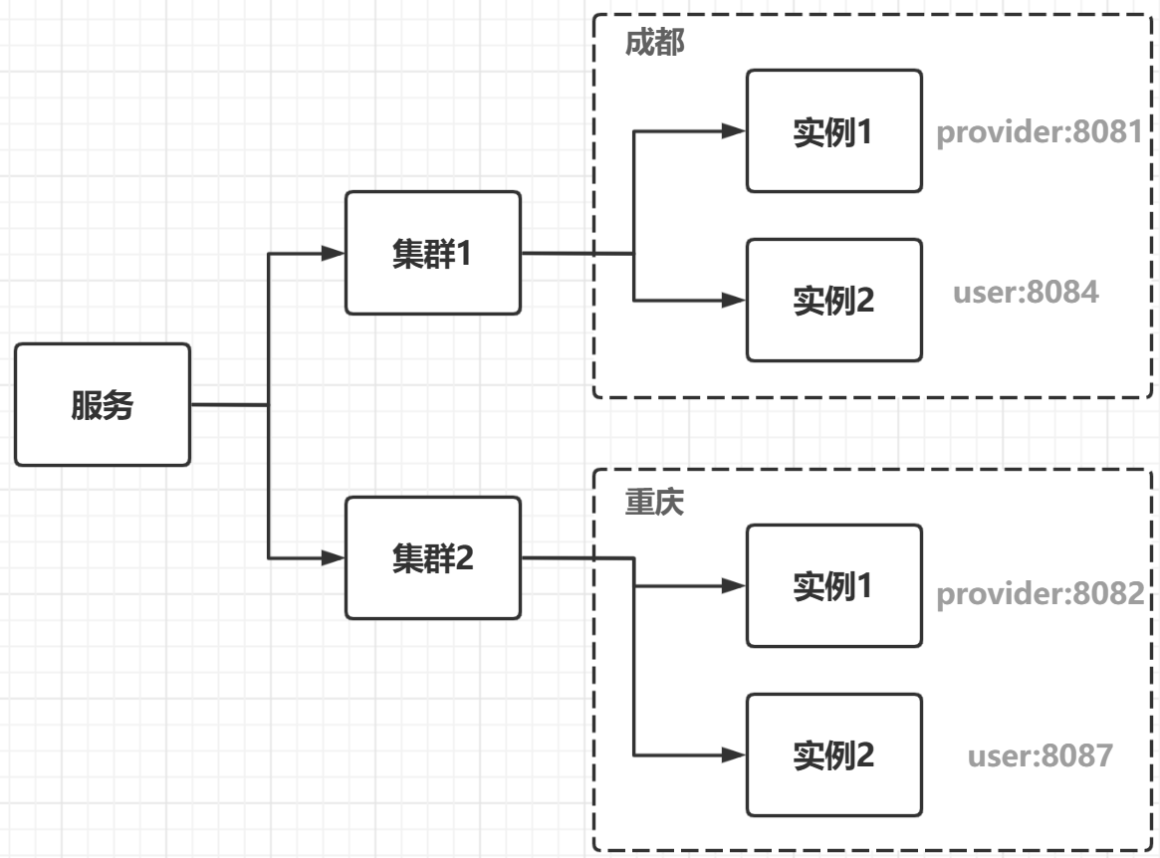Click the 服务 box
(x=103, y=404)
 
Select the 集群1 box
(x=433, y=253)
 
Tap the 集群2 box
(x=433, y=557)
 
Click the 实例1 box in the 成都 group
(x=833, y=131)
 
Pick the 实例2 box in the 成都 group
(x=833, y=300)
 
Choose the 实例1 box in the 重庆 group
(x=833, y=586)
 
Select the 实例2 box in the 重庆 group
(x=833, y=754)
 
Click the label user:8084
(x=1026, y=293)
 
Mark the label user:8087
(x=1041, y=755)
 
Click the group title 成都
(x=655, y=42)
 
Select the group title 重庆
(x=655, y=503)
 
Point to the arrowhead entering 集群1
(x=334, y=253)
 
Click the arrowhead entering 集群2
(x=334, y=557)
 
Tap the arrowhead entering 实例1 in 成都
(x=734, y=131)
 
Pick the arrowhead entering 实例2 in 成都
(x=734, y=300)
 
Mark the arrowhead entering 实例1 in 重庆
(x=734, y=586)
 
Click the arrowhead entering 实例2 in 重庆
(x=734, y=754)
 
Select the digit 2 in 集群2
(x=464, y=558)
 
